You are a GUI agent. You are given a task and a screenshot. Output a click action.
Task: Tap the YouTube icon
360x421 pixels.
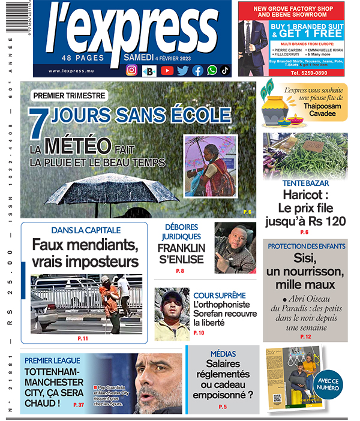167,70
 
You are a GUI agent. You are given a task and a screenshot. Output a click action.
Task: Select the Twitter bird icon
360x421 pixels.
182,70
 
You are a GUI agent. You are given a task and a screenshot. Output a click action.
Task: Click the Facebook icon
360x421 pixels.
197,70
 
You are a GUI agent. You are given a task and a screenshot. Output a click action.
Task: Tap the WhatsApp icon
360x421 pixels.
212,70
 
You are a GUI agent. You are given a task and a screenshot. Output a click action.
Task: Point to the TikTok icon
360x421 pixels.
224,70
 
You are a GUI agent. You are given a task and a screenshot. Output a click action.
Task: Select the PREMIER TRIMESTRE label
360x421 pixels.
70,95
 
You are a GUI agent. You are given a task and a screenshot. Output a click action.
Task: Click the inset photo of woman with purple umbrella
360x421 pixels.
209,165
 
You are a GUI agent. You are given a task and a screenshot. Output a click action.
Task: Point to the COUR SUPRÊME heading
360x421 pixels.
219,296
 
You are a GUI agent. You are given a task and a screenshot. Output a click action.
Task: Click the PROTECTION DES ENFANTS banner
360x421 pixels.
306,246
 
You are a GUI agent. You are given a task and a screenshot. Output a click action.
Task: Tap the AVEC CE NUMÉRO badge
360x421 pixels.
328,384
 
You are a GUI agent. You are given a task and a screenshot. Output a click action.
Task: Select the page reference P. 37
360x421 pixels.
78,405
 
